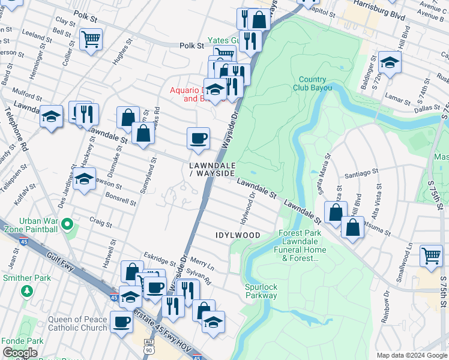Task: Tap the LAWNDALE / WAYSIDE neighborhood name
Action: click(x=211, y=169)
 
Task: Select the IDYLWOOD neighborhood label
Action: click(x=238, y=235)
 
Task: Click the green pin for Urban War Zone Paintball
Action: click(x=67, y=226)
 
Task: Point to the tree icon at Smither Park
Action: click(x=26, y=291)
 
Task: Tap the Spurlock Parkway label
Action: click(x=261, y=291)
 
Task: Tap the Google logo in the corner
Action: click(x=20, y=353)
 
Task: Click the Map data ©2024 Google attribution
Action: click(x=412, y=355)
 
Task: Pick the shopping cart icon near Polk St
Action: click(x=90, y=40)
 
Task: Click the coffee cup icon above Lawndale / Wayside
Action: click(x=198, y=139)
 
